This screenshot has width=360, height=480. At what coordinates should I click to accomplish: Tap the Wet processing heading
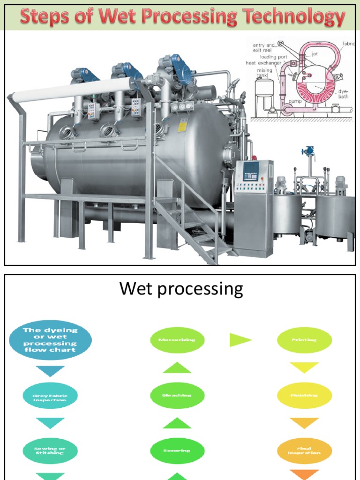[181, 288]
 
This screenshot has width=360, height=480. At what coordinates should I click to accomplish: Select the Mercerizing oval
[177, 340]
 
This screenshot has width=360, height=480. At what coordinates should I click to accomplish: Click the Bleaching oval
[177, 395]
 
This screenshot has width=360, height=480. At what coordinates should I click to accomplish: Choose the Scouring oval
[177, 450]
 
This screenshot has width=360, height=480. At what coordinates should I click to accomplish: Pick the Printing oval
[304, 340]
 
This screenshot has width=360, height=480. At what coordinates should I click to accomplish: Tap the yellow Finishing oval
[304, 395]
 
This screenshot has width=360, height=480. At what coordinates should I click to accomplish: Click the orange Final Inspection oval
[304, 450]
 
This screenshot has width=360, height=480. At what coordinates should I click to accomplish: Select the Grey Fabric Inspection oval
[50, 397]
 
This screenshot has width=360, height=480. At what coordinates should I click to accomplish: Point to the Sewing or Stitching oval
[50, 450]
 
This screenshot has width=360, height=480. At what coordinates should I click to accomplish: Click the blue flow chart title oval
[50, 340]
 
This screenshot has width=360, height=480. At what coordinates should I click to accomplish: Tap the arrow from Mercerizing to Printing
[240, 340]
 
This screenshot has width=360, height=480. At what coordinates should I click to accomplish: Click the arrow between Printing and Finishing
[304, 367]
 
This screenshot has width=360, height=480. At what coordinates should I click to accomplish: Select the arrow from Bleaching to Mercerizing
[177, 367]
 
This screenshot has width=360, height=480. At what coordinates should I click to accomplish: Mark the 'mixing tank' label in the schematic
[264, 74]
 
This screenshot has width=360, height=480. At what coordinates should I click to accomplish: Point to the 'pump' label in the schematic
[295, 101]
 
